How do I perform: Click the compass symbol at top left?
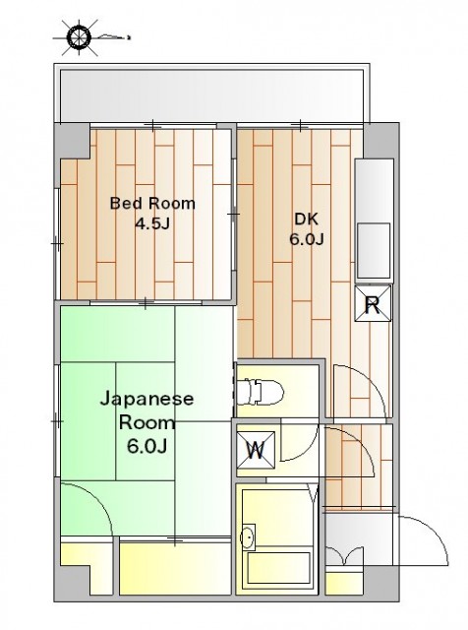pos(79,37)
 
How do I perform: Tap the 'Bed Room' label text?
pos(152,204)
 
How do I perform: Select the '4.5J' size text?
pos(152,223)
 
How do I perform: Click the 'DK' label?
pos(306,219)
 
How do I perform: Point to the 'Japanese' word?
pos(146,400)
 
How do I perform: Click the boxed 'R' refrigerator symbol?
pos(373,303)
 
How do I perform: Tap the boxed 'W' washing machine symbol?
pos(256,450)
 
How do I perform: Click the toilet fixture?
pos(260,392)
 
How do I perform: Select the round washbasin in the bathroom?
pos(248,537)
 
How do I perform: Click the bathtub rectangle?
pos(278,567)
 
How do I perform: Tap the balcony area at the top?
pos(211,95)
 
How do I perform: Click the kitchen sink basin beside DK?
pos(374,250)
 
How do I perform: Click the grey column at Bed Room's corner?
pos(72,141)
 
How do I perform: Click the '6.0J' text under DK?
pos(307,239)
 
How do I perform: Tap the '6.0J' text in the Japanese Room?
pos(146,446)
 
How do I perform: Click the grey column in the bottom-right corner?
pos(380,584)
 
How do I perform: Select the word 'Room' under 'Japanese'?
pos(147,422)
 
